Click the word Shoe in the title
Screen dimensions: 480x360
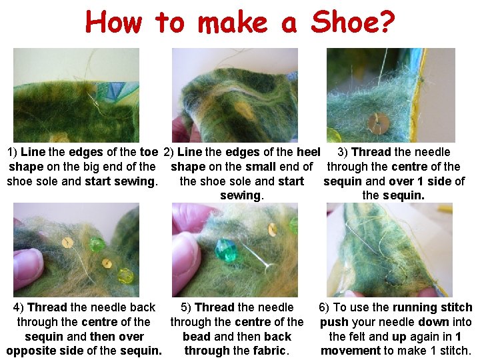coord(347,22)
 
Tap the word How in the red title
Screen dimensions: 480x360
coord(114,22)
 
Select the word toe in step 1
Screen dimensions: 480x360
coord(149,152)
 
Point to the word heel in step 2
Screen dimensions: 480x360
coord(309,152)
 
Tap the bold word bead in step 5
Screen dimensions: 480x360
coord(197,337)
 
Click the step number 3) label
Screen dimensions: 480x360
coord(343,152)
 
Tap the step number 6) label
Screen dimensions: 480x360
coord(324,307)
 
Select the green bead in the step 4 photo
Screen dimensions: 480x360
coord(97,245)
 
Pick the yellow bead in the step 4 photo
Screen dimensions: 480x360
coord(126,276)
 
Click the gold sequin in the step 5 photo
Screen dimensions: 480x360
coord(272,229)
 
